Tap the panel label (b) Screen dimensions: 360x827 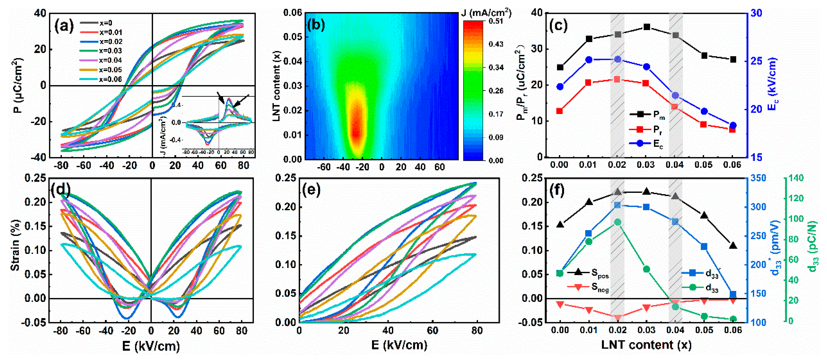[x=316, y=25]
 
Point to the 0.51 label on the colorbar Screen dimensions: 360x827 [x=496, y=21]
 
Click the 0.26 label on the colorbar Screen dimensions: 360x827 [x=496, y=91]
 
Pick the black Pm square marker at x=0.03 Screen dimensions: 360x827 [x=647, y=27]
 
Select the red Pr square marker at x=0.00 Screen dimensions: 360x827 [x=560, y=111]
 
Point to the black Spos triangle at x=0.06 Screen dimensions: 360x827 [x=733, y=246]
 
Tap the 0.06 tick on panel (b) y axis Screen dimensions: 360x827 [x=292, y=13]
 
